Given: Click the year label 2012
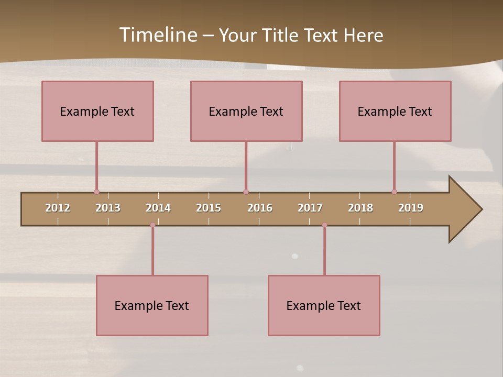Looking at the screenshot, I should pos(58,208).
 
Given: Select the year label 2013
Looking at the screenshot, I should pos(108,208).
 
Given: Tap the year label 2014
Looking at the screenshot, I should pos(158,208).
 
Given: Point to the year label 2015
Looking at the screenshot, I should pos(209,208).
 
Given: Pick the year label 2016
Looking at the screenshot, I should pos(260,208).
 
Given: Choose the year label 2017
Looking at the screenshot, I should pos(310,208).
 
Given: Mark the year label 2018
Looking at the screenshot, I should pos(360,208).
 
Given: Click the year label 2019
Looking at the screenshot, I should pos(411,208).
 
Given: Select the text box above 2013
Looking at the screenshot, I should pos(97,111).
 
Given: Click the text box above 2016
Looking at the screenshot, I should pos(246,111).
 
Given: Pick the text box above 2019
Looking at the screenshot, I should pos(395,111).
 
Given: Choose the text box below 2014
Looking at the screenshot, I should pos(152,305).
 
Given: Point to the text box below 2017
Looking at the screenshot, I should pos(324,305).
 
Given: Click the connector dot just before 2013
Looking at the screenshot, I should pos(96,192).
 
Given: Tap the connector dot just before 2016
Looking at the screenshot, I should pos(246,192).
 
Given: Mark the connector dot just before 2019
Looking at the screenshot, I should pos(394,192).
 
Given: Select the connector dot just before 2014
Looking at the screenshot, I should pos(152,225).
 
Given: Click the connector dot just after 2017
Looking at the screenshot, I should pos(324,225).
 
